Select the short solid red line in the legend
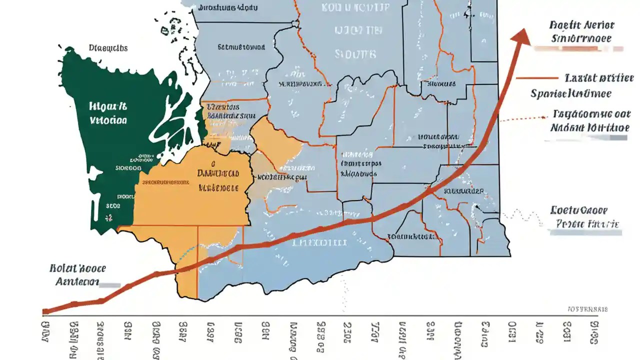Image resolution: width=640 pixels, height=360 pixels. (x=536, y=78)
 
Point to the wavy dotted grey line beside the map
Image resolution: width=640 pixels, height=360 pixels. (x=523, y=216)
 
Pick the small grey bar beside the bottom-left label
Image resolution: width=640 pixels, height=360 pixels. (x=110, y=285)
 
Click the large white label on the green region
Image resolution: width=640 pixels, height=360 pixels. (x=108, y=113)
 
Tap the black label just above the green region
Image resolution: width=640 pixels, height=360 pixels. (x=108, y=48)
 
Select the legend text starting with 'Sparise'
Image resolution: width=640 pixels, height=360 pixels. (x=571, y=93)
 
